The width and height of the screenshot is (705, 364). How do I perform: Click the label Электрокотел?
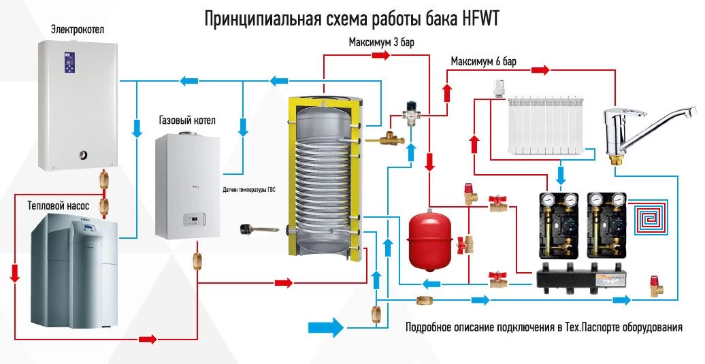(x=78, y=29)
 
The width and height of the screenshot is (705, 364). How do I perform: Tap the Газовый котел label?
(x=186, y=120)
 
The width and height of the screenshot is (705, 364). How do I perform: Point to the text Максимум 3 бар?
(x=382, y=42)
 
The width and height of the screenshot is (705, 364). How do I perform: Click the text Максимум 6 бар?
(x=483, y=62)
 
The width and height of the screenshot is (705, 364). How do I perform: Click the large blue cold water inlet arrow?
(x=326, y=327)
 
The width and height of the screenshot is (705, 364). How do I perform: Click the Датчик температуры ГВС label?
(x=251, y=190)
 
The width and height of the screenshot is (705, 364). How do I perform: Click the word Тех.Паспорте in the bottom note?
(x=593, y=328)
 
